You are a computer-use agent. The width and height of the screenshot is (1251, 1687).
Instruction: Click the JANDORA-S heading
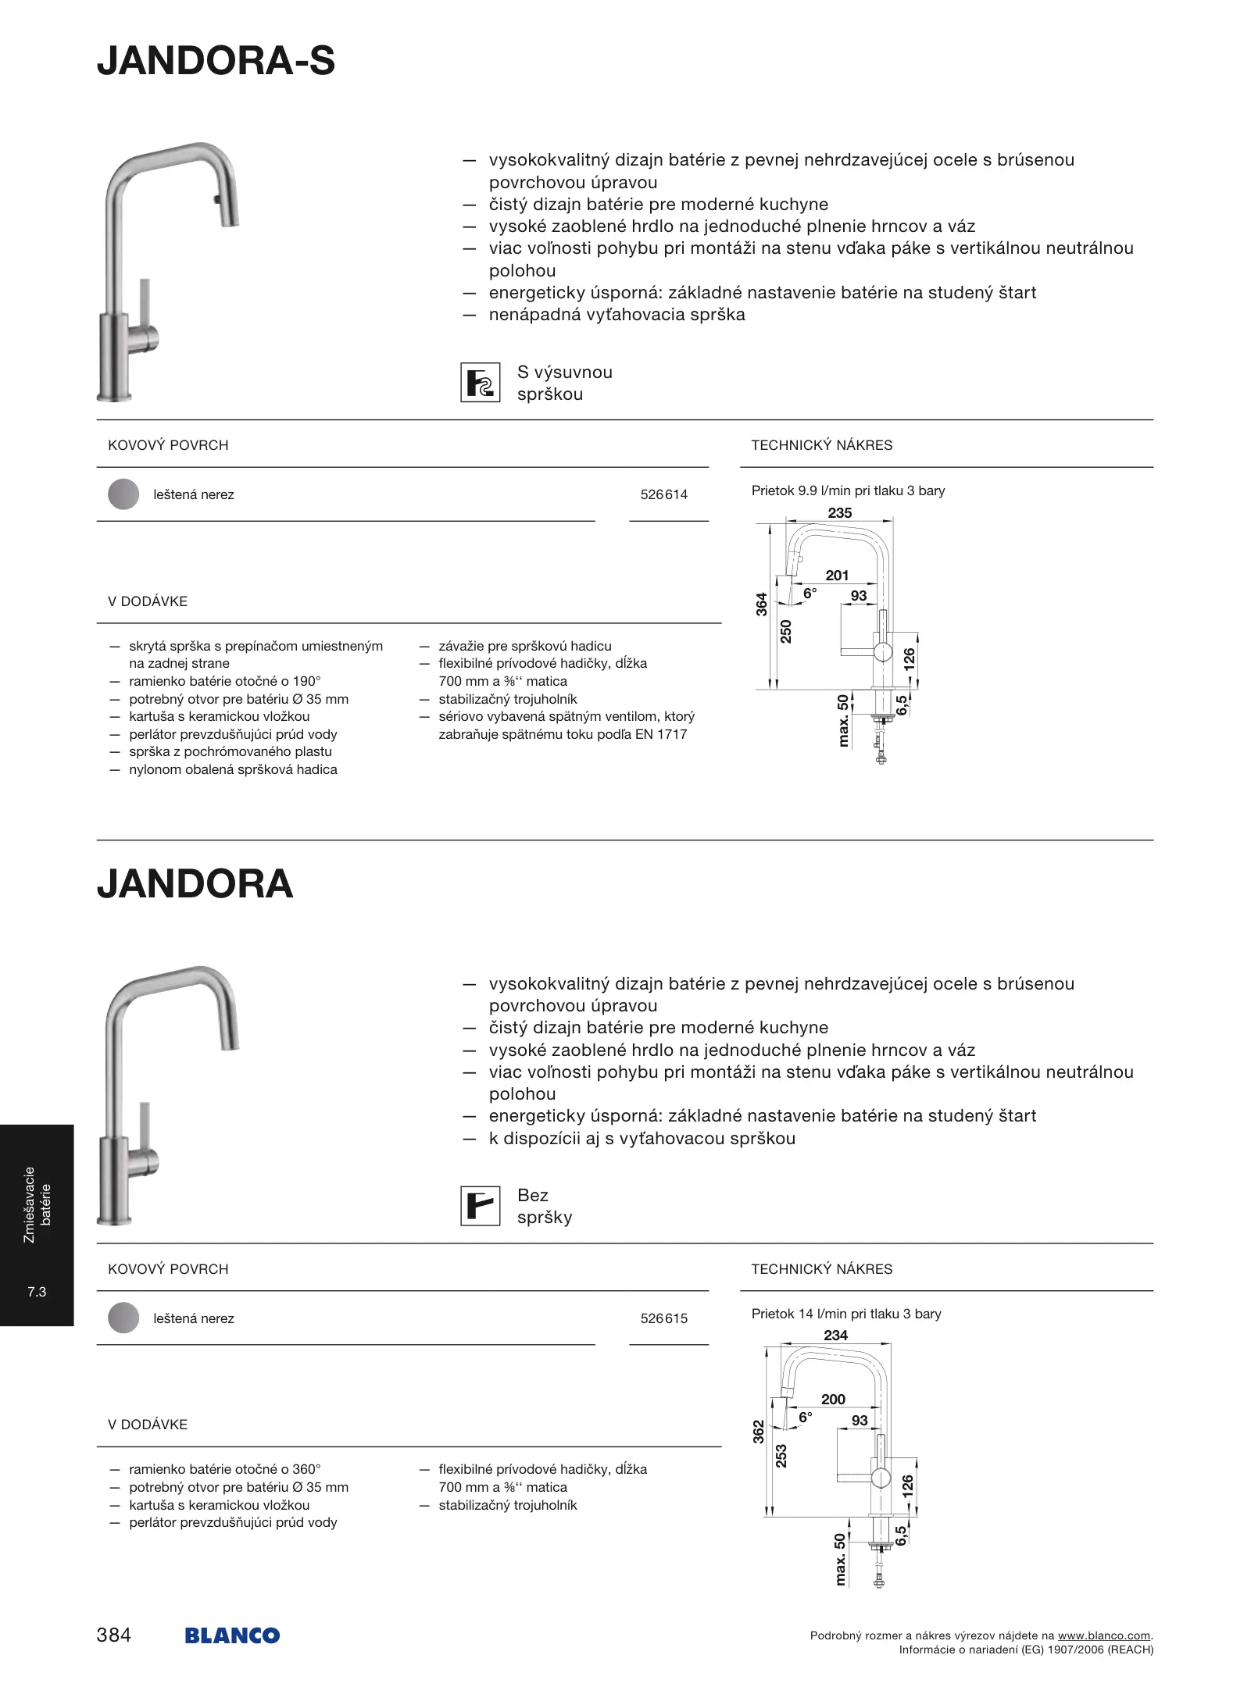point(216,61)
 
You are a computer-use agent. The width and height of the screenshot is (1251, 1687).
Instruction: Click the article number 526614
point(663,494)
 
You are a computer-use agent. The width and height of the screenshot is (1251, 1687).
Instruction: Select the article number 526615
point(663,1318)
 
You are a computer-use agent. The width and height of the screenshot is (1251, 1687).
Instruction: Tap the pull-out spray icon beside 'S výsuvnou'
point(480,383)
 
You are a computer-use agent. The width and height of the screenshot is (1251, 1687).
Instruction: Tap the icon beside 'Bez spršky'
point(480,1206)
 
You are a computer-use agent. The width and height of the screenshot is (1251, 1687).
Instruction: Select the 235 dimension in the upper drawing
point(839,513)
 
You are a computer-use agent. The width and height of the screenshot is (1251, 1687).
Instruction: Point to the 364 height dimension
point(762,604)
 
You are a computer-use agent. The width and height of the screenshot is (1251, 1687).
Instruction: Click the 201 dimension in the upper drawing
point(836,576)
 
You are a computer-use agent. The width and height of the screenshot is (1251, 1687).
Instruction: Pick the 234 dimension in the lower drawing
point(835,1336)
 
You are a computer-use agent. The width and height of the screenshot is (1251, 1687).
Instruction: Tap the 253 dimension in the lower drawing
point(781,1456)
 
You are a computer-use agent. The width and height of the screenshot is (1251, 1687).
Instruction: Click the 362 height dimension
point(759,1432)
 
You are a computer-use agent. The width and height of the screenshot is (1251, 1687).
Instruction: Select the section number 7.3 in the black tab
point(37,1292)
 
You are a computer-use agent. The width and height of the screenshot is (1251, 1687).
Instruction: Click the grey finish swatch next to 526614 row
point(123,494)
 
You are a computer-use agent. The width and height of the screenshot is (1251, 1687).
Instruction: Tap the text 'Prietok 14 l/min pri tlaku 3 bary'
point(846,1314)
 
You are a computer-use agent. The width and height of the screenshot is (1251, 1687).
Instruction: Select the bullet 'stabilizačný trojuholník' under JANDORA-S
point(507,699)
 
